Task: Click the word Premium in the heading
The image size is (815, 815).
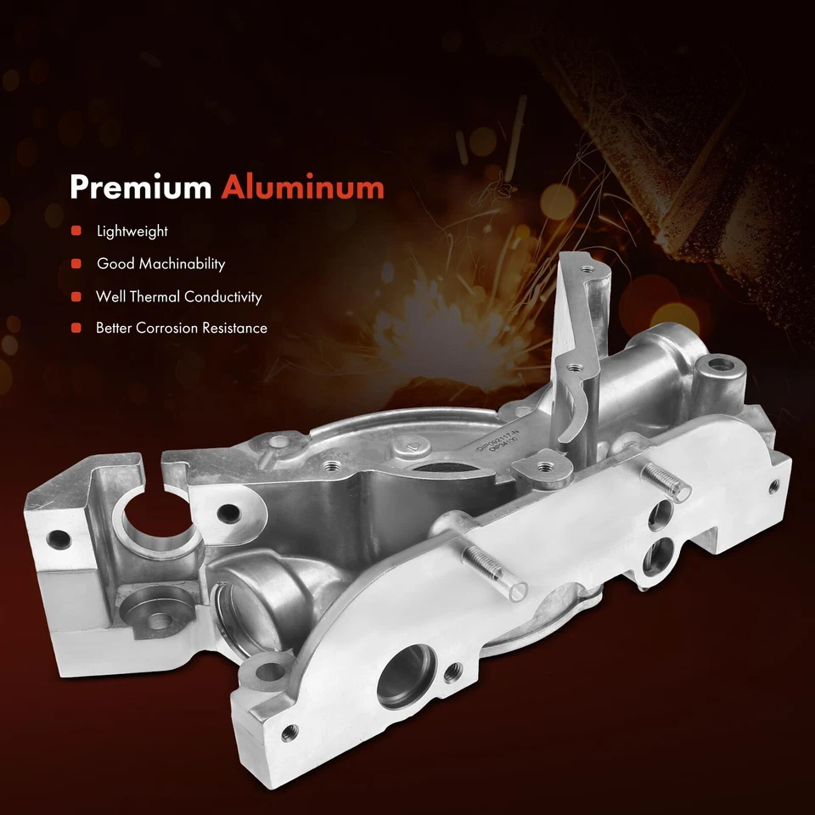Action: [140, 188]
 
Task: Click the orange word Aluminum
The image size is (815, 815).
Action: [302, 188]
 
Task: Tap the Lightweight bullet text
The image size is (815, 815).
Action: [132, 231]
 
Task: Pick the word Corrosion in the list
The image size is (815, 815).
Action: [172, 328]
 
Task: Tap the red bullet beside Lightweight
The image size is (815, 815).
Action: [76, 231]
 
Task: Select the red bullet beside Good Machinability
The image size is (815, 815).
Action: [76, 264]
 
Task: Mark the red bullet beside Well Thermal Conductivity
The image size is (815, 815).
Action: [76, 297]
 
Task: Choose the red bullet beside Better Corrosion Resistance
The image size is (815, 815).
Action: [76, 328]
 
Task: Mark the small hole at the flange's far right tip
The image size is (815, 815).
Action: [773, 486]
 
